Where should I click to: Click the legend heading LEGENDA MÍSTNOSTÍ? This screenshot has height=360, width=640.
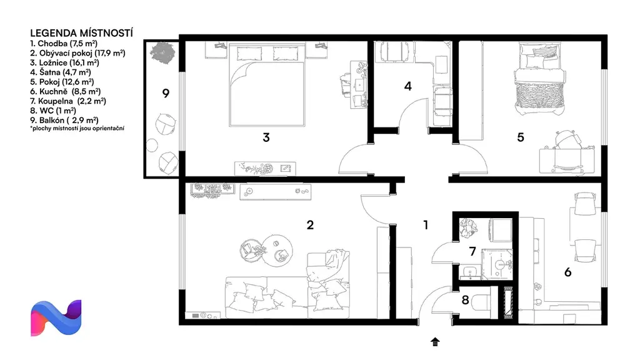82,33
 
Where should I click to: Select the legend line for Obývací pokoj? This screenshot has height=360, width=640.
77,53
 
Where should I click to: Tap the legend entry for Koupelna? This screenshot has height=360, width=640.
68,101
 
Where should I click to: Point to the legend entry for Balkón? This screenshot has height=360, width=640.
64,120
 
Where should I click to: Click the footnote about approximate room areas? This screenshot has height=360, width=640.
77,128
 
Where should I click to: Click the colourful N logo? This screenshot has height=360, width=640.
56,318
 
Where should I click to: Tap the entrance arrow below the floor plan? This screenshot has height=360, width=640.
435,342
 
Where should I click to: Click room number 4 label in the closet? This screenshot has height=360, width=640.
407,86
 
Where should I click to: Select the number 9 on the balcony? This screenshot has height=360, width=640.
166,94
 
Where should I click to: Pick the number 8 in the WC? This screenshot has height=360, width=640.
465,300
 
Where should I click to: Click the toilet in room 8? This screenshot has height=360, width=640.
482,302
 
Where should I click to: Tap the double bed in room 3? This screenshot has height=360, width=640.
267,84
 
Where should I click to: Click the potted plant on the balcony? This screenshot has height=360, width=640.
162,53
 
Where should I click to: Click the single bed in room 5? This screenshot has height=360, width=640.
539,79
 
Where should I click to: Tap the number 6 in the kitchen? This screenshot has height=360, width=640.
567,272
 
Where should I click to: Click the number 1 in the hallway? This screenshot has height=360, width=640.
426,225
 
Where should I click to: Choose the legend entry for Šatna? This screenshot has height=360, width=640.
61,72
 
